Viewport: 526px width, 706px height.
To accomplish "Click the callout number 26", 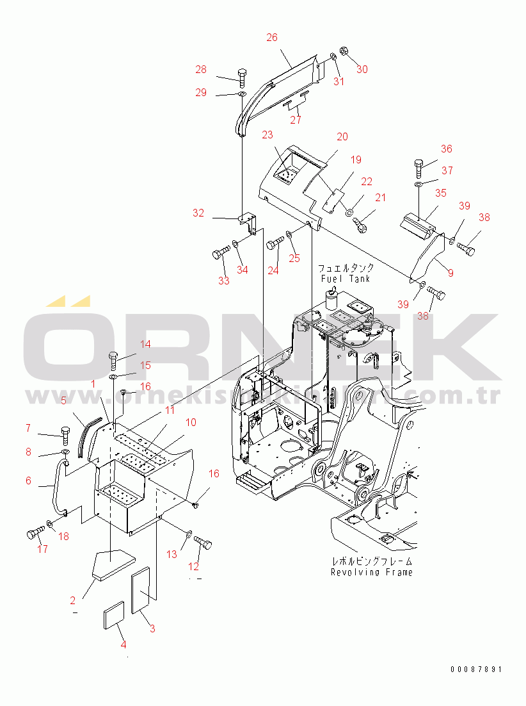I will pyautogui.click(x=272, y=37).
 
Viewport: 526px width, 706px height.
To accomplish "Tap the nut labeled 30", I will pyautogui.click(x=342, y=51).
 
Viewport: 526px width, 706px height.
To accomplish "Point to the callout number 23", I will pyautogui.click(x=267, y=135).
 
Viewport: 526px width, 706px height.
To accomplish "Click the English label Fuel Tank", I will pyautogui.click(x=346, y=279).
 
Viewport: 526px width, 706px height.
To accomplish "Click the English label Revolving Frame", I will pyautogui.click(x=371, y=572).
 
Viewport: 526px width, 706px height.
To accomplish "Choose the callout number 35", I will pyautogui.click(x=442, y=193).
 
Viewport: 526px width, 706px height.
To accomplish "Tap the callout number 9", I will pyautogui.click(x=450, y=273).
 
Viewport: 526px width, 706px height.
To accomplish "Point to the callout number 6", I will pyautogui.click(x=28, y=480).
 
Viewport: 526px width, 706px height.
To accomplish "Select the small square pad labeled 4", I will pyautogui.click(x=113, y=619).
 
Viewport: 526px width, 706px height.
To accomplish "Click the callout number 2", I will pyautogui.click(x=73, y=600).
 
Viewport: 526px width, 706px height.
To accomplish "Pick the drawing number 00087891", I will pyautogui.click(x=475, y=669).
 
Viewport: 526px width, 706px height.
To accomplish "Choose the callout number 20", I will pyautogui.click(x=342, y=136).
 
